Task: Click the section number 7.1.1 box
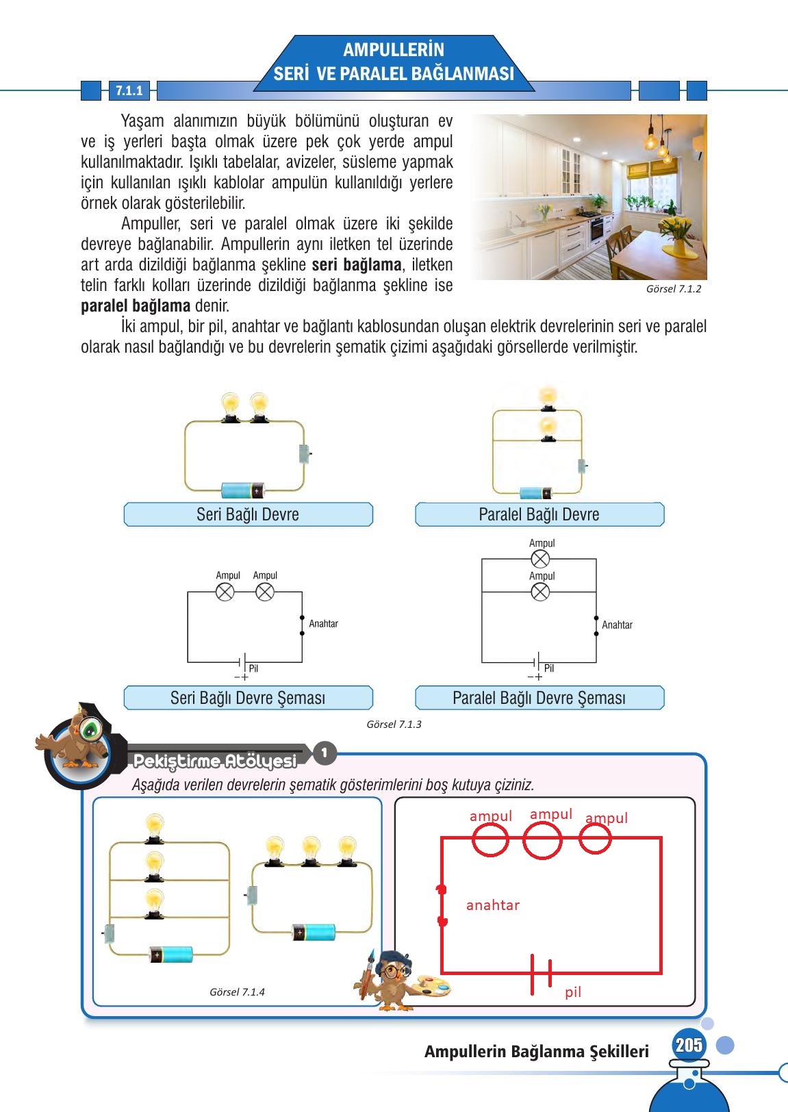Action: pyautogui.click(x=129, y=91)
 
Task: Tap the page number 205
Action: pyautogui.click(x=688, y=1045)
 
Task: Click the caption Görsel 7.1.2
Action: pyautogui.click(x=673, y=289)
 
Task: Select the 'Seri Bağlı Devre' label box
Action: pyautogui.click(x=248, y=514)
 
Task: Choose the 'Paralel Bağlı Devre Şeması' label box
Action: pyautogui.click(x=539, y=698)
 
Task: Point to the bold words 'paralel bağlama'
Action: pyautogui.click(x=136, y=306)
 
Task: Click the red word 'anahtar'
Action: pyautogui.click(x=492, y=905)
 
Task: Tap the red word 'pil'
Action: pyautogui.click(x=573, y=992)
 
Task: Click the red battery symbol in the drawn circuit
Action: pyautogui.click(x=541, y=974)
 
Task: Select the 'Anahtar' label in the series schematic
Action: pyautogui.click(x=323, y=624)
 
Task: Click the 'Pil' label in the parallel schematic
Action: pyautogui.click(x=549, y=668)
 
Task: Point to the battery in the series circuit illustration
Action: pyautogui.click(x=242, y=490)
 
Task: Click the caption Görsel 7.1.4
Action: pyautogui.click(x=237, y=992)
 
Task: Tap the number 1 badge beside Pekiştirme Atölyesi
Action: pyautogui.click(x=325, y=754)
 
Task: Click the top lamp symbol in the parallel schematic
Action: pyautogui.click(x=540, y=559)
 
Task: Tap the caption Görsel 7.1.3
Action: pyautogui.click(x=394, y=724)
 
